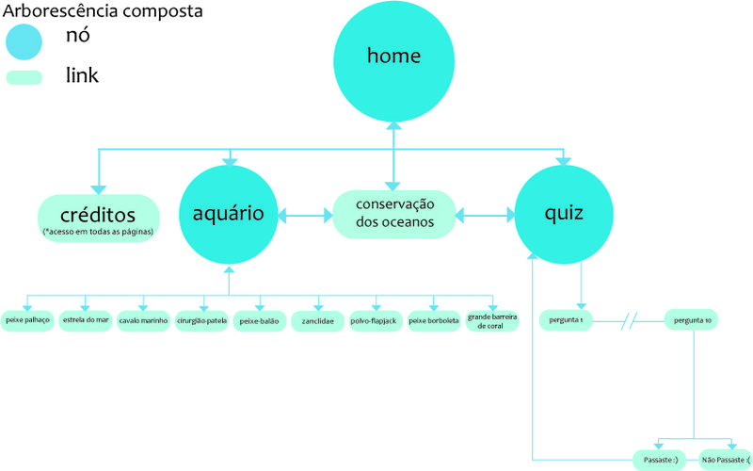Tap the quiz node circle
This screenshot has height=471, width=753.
coord(563,214)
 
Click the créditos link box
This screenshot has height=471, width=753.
coord(98,216)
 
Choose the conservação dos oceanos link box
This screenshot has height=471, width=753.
coord(394,214)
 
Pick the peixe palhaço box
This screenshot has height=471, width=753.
coord(27,321)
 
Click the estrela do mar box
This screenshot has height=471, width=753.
coord(86,321)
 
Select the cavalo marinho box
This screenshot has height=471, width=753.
coord(144,321)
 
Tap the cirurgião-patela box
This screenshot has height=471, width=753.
coord(201,321)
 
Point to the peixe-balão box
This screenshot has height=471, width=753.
coord(260,321)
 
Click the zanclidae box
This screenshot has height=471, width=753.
coord(318,321)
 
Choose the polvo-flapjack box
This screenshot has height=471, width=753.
coord(376,321)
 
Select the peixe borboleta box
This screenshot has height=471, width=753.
coord(434,321)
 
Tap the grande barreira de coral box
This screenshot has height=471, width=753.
coord(492,321)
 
